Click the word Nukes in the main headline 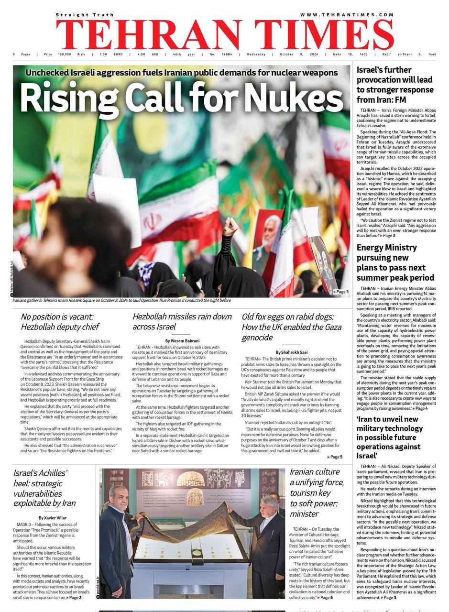302,99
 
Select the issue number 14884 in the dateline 227,55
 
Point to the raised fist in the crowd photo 230,225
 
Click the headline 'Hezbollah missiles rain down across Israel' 182,321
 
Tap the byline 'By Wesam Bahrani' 182,340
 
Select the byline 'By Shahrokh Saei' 291,351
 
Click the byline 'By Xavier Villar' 53,517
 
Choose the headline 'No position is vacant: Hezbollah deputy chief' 60,321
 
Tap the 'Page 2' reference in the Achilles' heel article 75,597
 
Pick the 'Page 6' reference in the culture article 326,597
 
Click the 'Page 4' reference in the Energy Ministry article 421,408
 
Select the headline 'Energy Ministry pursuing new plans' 395,262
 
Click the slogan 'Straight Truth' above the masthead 84,15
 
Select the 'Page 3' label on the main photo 341,292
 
